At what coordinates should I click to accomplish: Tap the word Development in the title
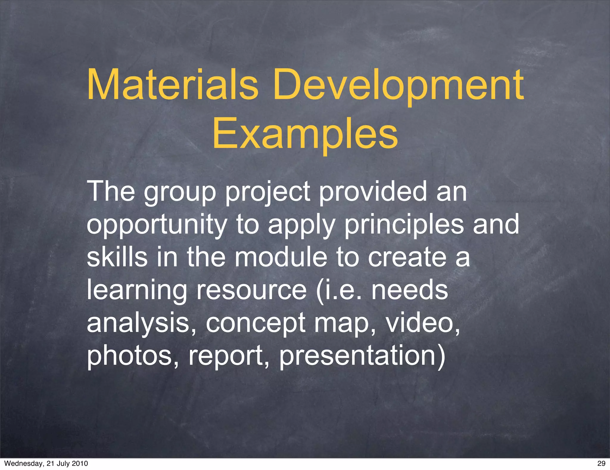click(398, 85)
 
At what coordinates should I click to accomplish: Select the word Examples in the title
click(305, 134)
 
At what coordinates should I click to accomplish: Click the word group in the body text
click(180, 192)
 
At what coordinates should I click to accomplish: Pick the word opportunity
click(157, 225)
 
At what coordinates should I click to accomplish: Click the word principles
click(404, 225)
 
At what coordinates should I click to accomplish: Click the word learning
click(137, 291)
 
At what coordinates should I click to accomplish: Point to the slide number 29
click(601, 463)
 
